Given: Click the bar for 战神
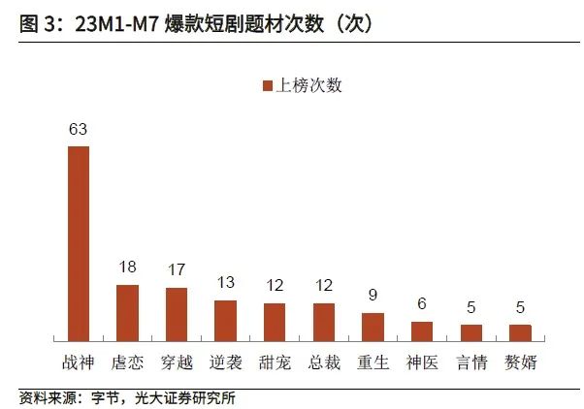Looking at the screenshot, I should click(78, 242).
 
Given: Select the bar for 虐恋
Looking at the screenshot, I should click(127, 312).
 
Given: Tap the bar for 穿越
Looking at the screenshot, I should click(177, 314).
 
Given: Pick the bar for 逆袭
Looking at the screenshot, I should click(226, 320).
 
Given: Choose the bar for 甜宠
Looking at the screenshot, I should click(275, 322).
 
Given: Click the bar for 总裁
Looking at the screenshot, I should click(324, 322).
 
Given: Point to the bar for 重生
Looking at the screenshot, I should click(373, 327).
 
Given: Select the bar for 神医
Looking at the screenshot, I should click(422, 330).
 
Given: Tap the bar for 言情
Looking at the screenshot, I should click(471, 332).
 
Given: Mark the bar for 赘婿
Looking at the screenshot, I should click(521, 332).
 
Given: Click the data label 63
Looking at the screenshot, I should click(78, 128).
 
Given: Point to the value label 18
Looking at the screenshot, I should click(127, 267).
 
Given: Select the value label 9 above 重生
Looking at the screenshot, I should click(373, 295).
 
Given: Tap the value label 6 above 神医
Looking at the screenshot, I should click(422, 303).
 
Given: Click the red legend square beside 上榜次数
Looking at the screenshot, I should click(269, 85).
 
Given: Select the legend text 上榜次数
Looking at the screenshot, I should click(309, 85).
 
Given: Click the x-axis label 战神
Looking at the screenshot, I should click(78, 362).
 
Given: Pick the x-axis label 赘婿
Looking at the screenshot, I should click(521, 362).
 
